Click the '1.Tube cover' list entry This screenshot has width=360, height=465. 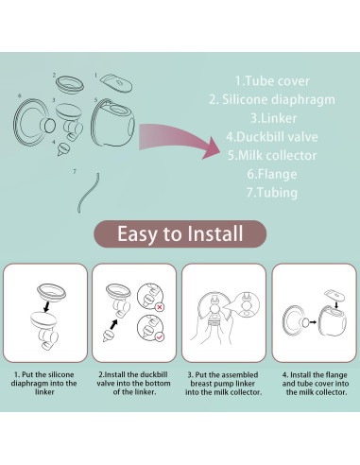272,81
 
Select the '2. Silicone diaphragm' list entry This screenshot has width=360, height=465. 272,99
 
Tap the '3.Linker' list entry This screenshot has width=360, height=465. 273,118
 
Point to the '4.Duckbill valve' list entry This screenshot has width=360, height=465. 272,137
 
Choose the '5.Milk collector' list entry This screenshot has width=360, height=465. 272,155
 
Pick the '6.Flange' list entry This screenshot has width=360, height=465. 272,174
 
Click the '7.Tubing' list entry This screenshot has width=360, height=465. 272,193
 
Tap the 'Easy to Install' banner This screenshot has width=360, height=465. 180,233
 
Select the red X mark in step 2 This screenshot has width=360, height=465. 160,307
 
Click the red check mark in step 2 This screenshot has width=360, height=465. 160,337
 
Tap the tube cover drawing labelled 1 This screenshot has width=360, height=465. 116,82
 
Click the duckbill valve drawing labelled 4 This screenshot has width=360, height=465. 63,149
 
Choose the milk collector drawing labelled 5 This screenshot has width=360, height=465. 113,123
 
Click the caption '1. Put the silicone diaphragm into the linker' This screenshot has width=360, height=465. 44,383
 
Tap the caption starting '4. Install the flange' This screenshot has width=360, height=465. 316,384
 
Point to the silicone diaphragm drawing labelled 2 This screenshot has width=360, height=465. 70,84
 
